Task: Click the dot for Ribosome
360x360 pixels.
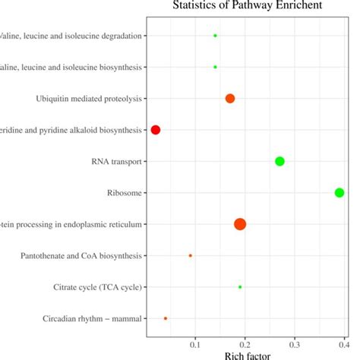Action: click(339, 192)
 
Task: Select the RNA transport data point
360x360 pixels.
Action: click(279, 161)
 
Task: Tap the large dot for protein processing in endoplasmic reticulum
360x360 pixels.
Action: click(240, 223)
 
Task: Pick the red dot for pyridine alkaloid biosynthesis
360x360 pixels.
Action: click(156, 130)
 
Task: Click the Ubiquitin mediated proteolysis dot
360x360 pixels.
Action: click(230, 98)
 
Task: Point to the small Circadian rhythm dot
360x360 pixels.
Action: click(166, 318)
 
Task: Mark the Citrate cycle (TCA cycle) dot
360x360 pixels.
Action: click(240, 287)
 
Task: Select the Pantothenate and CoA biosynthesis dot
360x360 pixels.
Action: click(190, 255)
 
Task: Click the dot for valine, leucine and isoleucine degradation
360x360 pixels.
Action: click(215, 36)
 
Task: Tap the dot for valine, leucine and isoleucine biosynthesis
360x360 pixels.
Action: click(215, 67)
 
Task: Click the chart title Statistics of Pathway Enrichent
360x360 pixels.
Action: click(246, 7)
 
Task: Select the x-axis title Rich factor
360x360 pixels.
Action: click(245, 354)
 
